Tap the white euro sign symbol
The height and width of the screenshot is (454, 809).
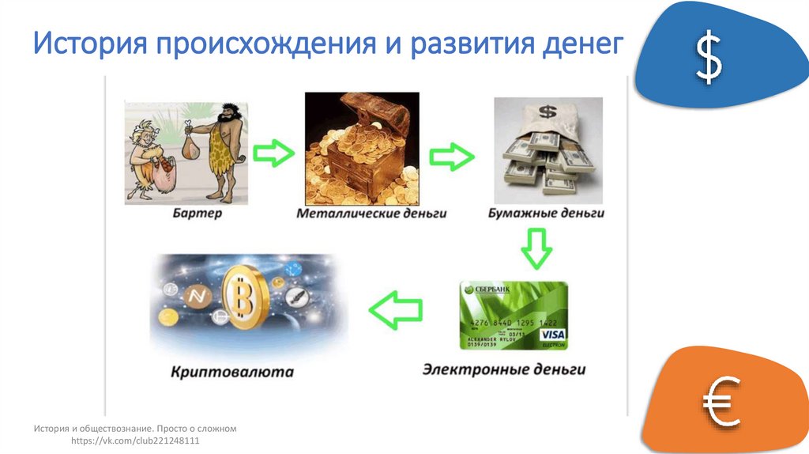point(721,400)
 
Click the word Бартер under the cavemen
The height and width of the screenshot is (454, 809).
point(189,214)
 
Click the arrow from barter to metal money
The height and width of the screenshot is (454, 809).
point(273,153)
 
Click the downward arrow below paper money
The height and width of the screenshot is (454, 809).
point(536,248)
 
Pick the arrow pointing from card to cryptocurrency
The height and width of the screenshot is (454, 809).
point(395,309)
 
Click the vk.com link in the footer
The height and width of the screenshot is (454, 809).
point(135,441)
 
